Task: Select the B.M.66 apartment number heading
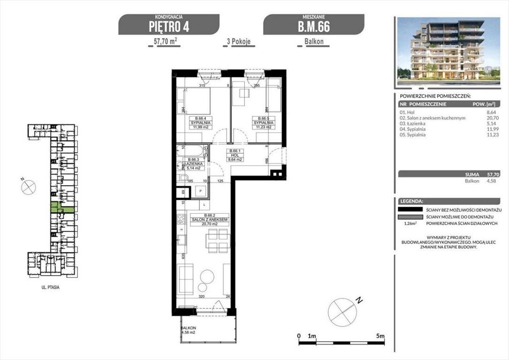point(313,26)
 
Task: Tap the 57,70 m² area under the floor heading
point(167,41)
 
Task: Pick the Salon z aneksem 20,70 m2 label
point(210,221)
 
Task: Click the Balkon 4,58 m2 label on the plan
point(190,330)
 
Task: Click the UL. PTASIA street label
point(49,287)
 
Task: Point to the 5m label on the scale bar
point(381,336)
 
